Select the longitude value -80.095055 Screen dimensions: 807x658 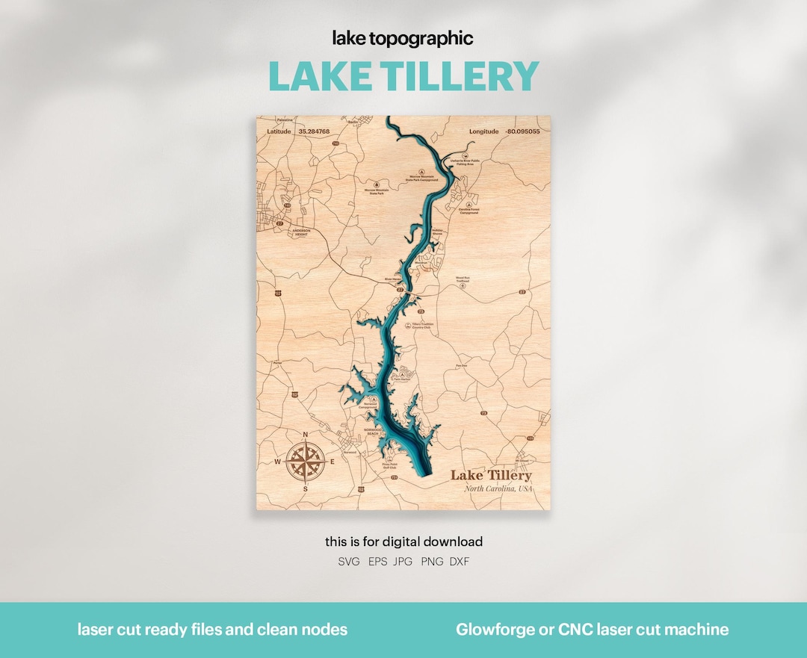(x=523, y=131)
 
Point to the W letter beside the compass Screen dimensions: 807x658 (x=278, y=462)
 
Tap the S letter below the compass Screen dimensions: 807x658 (x=305, y=488)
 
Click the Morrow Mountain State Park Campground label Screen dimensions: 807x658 (x=422, y=179)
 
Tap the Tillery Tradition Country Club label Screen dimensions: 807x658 (x=422, y=326)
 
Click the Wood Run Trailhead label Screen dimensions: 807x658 (x=463, y=280)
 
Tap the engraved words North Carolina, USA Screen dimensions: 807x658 (x=498, y=488)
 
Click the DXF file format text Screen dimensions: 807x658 (x=460, y=562)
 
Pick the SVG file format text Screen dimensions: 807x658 (x=349, y=562)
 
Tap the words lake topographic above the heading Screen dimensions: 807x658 (x=403, y=39)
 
